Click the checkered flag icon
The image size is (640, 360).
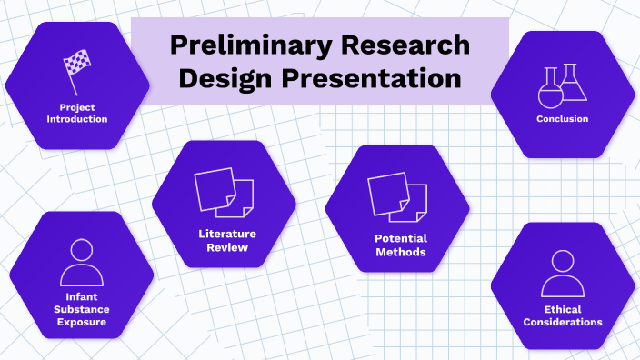[77, 63]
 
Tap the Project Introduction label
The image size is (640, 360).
[77, 113]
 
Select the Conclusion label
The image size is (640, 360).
[562, 119]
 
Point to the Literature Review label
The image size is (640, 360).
[224, 240]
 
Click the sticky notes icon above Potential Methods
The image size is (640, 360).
[397, 196]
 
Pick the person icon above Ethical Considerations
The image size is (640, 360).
[562, 273]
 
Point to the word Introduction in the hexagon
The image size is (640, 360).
[77, 119]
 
